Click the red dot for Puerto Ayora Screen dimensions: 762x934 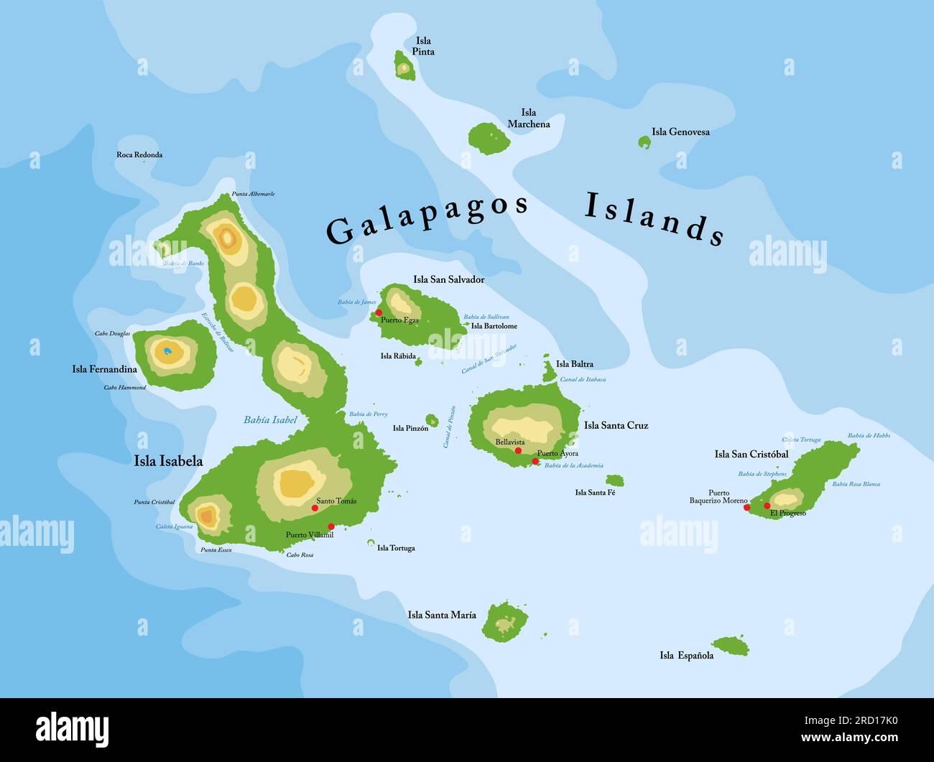(x=535, y=461)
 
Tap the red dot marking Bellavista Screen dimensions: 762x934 (x=518, y=450)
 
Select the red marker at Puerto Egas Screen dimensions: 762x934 (x=379, y=312)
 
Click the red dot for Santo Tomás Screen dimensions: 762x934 (x=315, y=508)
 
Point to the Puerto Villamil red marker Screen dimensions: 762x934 (x=330, y=526)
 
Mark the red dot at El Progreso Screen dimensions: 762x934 (x=767, y=506)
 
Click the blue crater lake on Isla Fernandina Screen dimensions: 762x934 (x=167, y=351)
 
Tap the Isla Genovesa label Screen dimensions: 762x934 (x=680, y=131)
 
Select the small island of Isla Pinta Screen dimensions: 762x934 (x=404, y=67)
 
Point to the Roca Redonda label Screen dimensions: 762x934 (x=139, y=154)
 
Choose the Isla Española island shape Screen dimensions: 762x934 (x=731, y=646)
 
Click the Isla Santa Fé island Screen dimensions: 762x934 (x=614, y=480)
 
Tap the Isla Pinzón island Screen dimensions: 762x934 (x=432, y=420)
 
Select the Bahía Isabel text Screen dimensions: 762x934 (x=270, y=419)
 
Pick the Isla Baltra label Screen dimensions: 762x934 (x=574, y=364)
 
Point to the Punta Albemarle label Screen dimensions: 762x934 (x=253, y=194)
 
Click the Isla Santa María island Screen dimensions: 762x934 (x=505, y=622)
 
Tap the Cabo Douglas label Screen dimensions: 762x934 (x=112, y=333)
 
